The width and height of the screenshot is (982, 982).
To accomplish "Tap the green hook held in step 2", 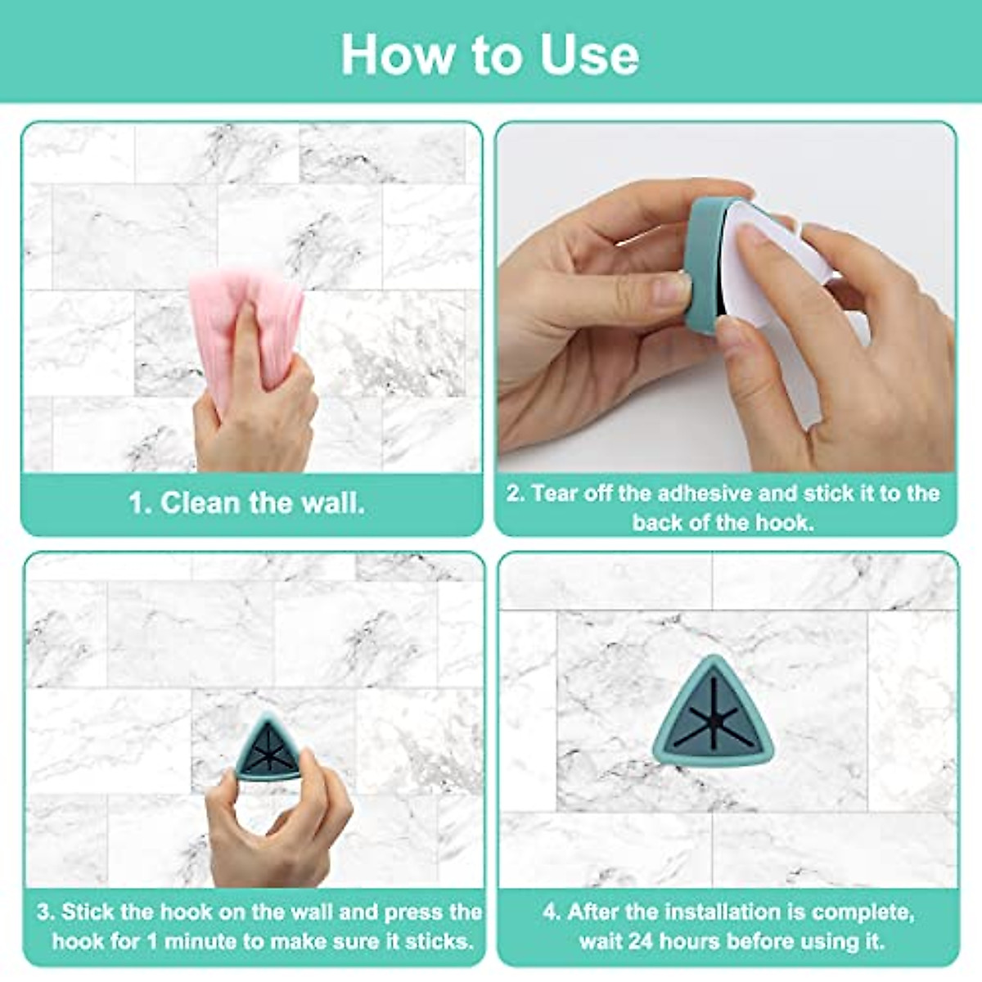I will point(704,262).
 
